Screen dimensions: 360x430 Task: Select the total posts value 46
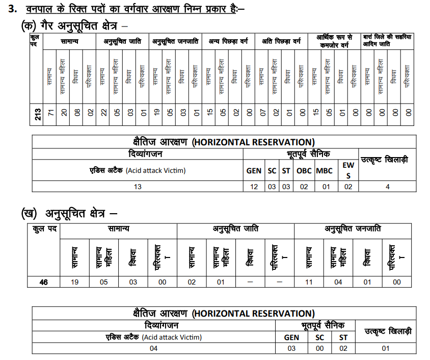click(x=43, y=282)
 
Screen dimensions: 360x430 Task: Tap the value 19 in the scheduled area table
click(x=74, y=282)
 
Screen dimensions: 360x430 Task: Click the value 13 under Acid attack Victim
click(x=138, y=187)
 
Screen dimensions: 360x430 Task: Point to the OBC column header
click(x=304, y=171)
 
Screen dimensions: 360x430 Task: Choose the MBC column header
click(x=324, y=171)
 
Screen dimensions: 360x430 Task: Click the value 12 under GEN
click(x=253, y=187)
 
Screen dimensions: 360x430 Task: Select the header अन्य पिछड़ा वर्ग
click(x=228, y=41)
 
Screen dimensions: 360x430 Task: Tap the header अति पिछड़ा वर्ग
click(x=282, y=41)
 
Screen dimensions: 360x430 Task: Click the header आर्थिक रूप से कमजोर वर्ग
click(x=334, y=41)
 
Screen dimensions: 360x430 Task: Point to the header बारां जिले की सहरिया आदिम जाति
click(x=387, y=40)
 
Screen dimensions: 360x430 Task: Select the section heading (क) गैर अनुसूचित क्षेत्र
click(x=74, y=24)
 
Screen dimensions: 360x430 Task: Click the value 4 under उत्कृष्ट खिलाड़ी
click(x=387, y=187)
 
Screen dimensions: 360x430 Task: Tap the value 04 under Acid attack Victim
click(x=153, y=348)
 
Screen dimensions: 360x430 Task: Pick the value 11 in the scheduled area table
click(x=309, y=282)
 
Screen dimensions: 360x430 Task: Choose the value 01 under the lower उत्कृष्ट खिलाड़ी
click(x=386, y=348)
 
